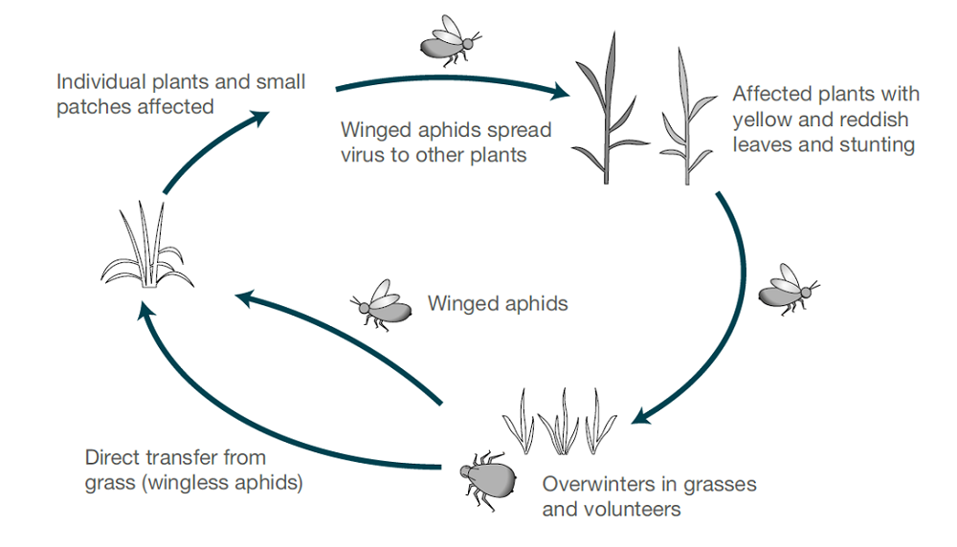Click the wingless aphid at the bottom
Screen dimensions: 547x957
point(487,473)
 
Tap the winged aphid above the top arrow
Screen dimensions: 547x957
point(448,41)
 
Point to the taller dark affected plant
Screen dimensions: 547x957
point(604,110)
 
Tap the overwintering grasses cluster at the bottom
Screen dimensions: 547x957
point(560,420)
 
